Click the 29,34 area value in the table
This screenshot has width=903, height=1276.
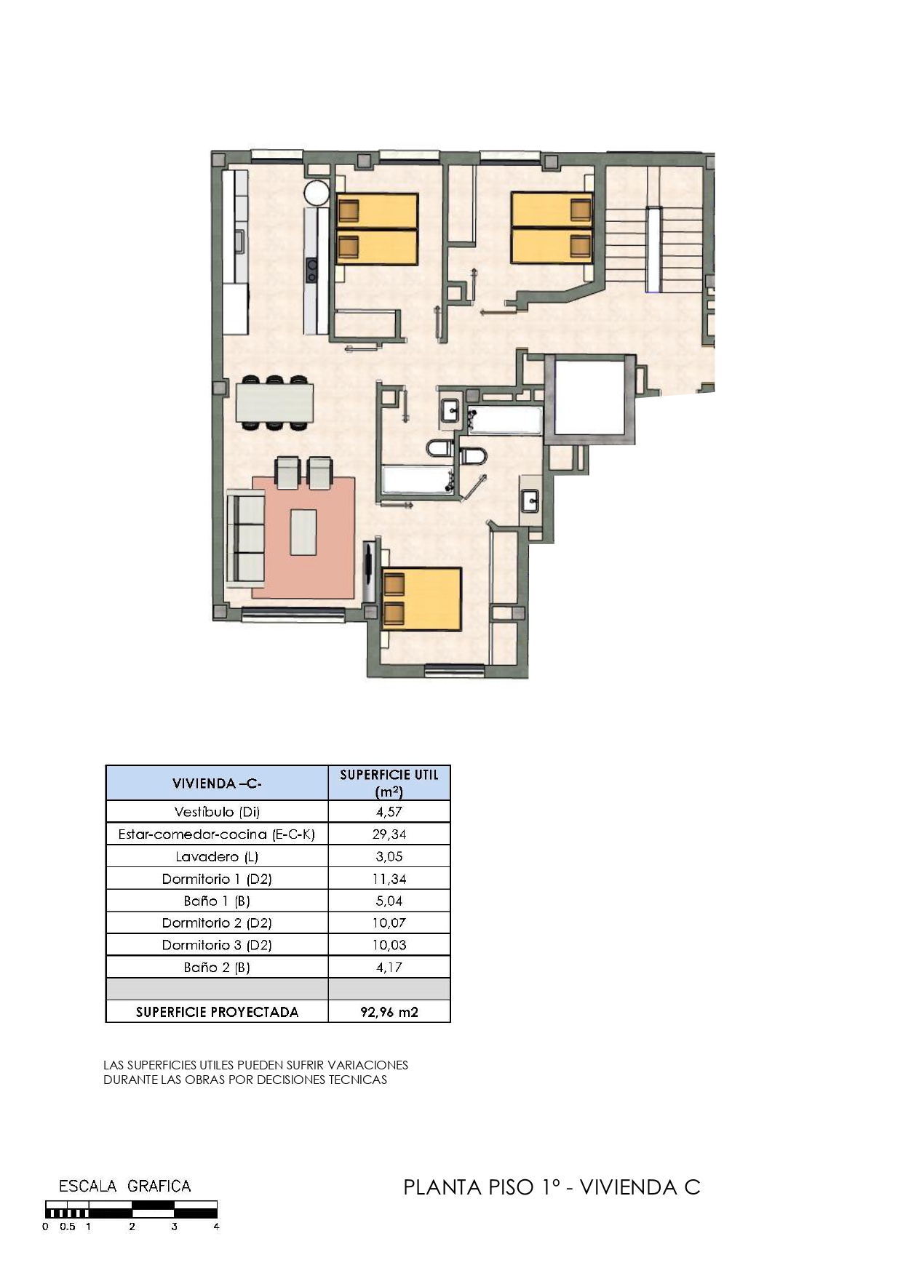point(389,834)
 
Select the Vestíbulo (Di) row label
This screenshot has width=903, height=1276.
point(217,812)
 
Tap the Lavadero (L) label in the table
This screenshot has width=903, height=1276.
point(217,856)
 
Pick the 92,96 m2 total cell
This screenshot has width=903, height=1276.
point(389,1012)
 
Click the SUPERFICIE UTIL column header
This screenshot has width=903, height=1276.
point(389,783)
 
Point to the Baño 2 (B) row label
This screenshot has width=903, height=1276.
point(217,967)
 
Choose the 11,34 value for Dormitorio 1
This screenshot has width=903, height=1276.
point(389,879)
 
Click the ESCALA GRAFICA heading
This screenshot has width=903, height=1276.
point(124,1187)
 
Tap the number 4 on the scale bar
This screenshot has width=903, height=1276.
point(216,1227)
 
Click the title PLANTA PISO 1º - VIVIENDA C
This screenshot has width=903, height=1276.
point(552,1187)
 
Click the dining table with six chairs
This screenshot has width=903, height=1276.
point(274,402)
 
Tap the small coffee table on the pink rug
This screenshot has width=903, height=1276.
point(303,532)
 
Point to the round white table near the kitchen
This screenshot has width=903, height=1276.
point(317,193)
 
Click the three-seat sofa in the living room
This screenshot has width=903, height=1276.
point(245,538)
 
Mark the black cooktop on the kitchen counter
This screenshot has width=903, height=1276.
point(312,270)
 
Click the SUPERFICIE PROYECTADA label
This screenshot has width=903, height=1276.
point(217,1012)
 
